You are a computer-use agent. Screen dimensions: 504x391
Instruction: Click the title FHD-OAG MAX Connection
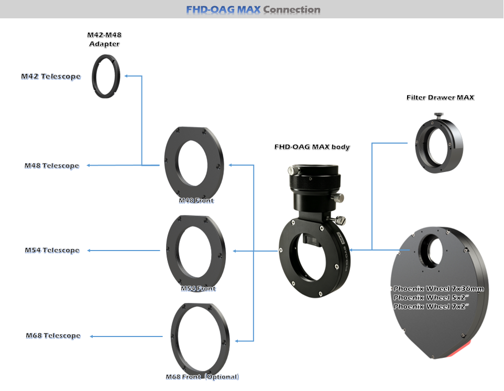tap(253, 9)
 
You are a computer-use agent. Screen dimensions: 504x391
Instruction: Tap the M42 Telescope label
tap(51, 77)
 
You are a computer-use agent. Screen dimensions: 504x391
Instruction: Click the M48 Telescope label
tap(52, 166)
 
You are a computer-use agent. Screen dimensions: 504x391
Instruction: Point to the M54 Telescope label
tap(52, 250)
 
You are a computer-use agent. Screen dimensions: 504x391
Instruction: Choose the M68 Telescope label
tap(53, 335)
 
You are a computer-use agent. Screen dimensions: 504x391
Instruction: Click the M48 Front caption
tap(196, 201)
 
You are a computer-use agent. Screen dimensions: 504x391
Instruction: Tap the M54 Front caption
tap(198, 289)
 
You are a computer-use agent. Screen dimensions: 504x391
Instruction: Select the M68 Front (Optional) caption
tap(202, 377)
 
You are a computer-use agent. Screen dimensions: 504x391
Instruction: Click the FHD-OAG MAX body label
tap(312, 147)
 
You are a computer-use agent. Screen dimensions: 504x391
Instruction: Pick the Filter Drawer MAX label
tap(441, 97)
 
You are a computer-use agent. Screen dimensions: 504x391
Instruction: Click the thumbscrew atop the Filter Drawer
tap(439, 115)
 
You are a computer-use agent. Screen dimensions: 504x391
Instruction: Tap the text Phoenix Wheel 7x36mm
tap(439, 289)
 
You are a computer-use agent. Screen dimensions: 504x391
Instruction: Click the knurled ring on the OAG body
tap(315, 182)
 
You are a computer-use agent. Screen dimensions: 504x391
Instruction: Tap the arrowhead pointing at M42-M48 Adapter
tap(126, 76)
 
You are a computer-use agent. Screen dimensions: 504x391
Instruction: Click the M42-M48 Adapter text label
tap(104, 39)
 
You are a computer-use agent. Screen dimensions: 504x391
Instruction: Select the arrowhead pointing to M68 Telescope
tap(92, 336)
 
